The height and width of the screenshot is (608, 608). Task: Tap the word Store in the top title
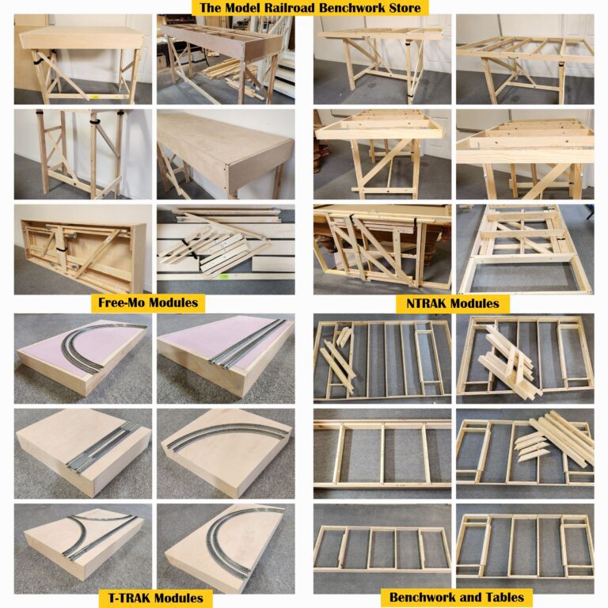point(402,8)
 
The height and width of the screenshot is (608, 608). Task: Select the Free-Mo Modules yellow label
point(147,302)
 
